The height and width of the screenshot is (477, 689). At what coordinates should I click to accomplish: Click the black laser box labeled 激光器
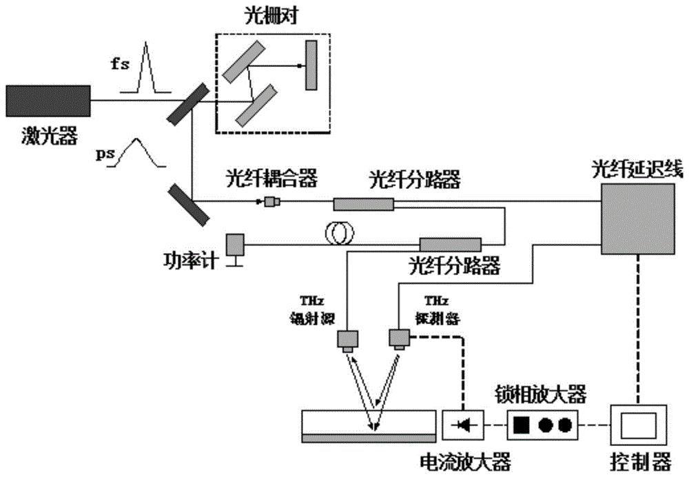pyautogui.click(x=48, y=101)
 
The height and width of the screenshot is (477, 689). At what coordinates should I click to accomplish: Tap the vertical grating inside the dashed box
pyautogui.click(x=311, y=65)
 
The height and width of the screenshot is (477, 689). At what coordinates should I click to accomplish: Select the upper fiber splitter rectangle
pyautogui.click(x=364, y=203)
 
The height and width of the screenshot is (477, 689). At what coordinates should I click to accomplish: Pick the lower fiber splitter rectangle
pyautogui.click(x=450, y=244)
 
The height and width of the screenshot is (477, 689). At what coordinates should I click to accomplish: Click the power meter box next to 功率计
pyautogui.click(x=236, y=245)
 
